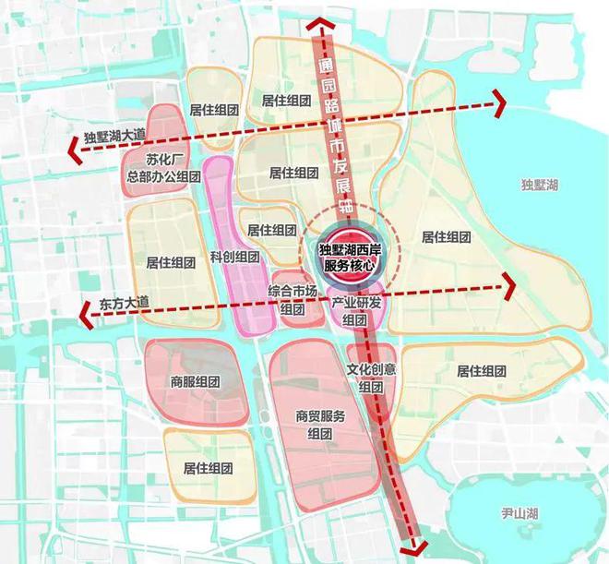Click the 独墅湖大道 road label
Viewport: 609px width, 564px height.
tap(114, 137)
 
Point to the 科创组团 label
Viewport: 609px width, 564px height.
tap(234, 256)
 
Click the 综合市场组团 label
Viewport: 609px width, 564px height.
tap(297, 300)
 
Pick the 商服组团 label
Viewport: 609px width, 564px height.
tap(195, 381)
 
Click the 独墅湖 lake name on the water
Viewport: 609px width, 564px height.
tap(540, 186)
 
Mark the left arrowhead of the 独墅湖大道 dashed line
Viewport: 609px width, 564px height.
tap(70, 147)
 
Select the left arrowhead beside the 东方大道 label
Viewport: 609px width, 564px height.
tap(86, 317)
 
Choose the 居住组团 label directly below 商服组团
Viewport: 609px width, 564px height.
tap(209, 467)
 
